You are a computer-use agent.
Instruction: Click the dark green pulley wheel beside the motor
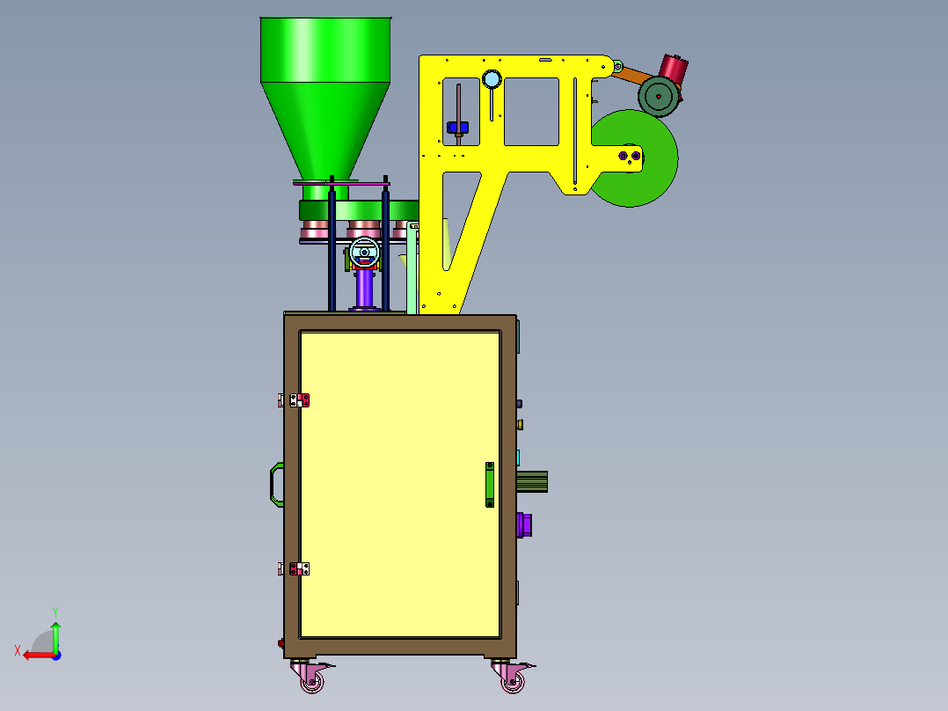pos(659,96)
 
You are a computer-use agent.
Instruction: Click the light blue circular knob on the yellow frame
pos(492,78)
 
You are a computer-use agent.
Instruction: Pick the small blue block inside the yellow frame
pos(457,127)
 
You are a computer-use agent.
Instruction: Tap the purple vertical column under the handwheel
pos(365,290)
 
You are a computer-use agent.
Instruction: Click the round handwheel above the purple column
pos(365,253)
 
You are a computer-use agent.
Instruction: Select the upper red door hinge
pos(299,400)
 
